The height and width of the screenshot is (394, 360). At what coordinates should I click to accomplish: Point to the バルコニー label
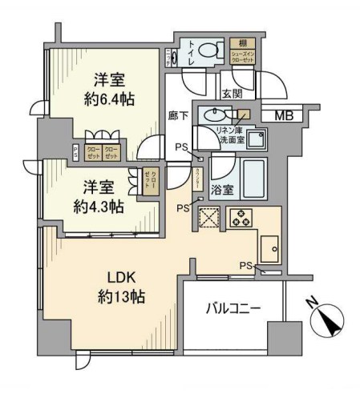(233, 308)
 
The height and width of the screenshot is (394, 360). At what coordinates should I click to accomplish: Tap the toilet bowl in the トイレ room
(208, 50)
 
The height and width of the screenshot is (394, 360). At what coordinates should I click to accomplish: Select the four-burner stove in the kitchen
(240, 217)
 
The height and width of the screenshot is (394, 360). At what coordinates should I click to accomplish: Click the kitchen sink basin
(269, 250)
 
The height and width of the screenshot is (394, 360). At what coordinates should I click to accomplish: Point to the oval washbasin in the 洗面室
(214, 114)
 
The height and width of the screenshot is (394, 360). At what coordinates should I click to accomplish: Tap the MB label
(284, 115)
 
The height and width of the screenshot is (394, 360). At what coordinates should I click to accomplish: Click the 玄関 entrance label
(233, 95)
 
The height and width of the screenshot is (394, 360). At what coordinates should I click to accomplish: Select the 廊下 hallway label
(180, 116)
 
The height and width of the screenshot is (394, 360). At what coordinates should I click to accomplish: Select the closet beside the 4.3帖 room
(149, 183)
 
